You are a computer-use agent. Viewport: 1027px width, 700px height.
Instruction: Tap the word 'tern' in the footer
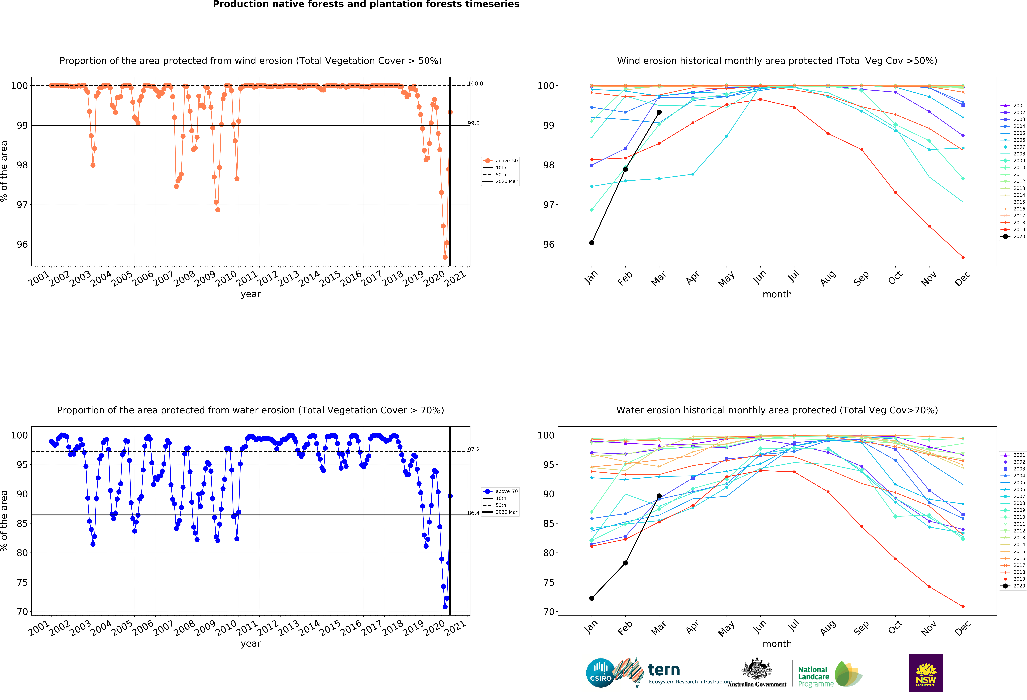[x=664, y=670]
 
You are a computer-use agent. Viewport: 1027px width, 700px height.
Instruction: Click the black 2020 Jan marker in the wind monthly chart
[x=592, y=243]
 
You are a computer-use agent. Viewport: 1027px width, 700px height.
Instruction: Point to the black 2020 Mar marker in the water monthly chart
[x=659, y=496]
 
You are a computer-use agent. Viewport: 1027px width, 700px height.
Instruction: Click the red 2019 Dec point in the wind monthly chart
[x=963, y=257]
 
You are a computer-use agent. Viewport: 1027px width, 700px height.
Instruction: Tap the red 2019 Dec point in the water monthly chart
[x=963, y=607]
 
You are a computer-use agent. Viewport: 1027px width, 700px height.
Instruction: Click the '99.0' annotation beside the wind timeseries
[x=474, y=123]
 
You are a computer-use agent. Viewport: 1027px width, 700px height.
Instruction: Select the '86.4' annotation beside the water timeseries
[x=474, y=513]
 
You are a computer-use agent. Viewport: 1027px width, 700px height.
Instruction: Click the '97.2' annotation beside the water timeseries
[x=474, y=449]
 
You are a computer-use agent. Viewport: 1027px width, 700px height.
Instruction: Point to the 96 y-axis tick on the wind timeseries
[x=22, y=244]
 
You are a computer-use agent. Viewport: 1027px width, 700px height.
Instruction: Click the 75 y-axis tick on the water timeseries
[x=22, y=582]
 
